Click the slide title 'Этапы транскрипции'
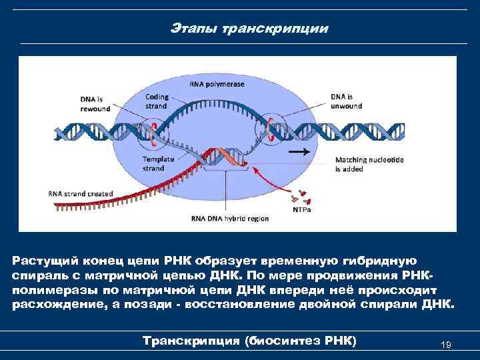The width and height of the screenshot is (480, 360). coord(249,29)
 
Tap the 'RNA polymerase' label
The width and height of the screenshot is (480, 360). coord(217,85)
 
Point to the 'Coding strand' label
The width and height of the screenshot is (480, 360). coord(157,101)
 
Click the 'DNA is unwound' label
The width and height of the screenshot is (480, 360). coord(347,101)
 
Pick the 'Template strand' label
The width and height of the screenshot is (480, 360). coord(157,164)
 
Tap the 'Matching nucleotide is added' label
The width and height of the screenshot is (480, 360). coord(369,164)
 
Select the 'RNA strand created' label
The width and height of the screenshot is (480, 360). coord(81,193)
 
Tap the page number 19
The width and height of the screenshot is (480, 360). coord(447,345)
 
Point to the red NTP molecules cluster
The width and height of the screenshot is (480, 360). coord(299,195)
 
